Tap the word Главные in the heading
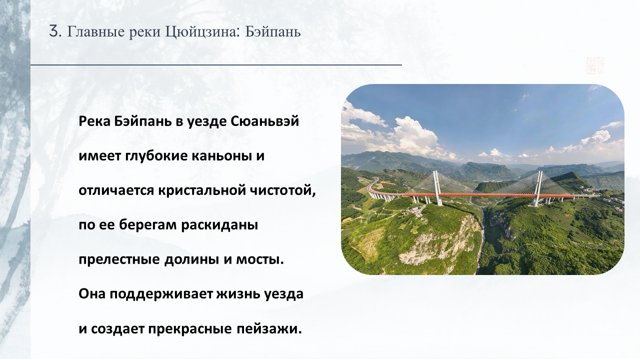pos(96,31)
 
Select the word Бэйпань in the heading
pos(273,31)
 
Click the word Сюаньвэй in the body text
pos(264,121)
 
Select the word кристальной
pos(202,190)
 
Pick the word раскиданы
pos(219,225)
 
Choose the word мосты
pos(260,260)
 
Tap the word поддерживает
pos(161,294)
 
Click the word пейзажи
pos(269,329)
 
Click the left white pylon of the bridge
pos(437,188)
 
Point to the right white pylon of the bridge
pos(537,188)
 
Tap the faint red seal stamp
pos(595,65)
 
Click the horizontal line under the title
pos(216,65)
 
